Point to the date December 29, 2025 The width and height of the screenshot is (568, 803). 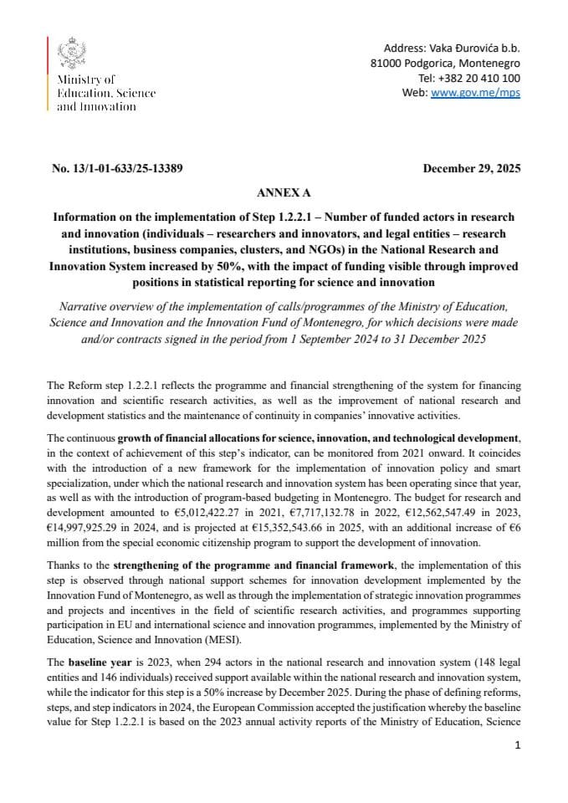[472, 168]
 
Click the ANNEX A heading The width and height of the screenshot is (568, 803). [284, 192]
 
